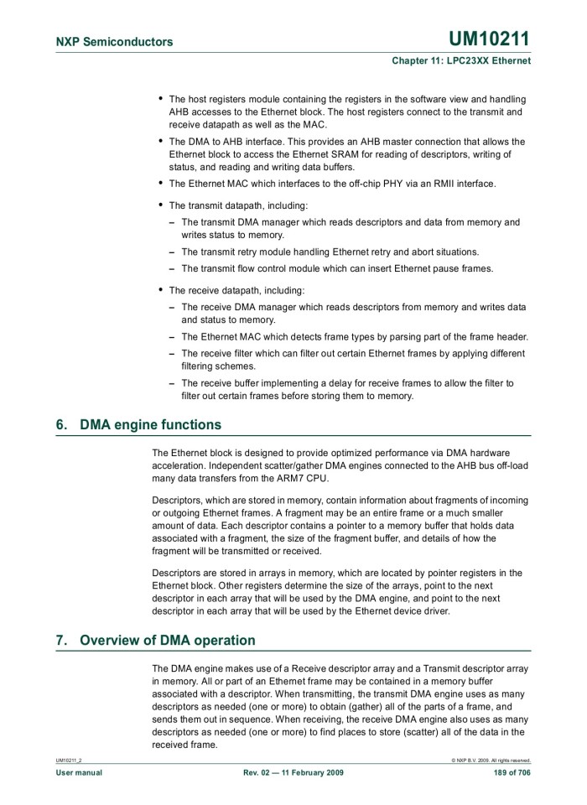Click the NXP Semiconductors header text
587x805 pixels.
114,42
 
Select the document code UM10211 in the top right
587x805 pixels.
489,39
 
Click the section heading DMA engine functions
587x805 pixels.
150,425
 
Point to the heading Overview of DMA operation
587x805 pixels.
167,641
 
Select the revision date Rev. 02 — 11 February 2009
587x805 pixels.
293,771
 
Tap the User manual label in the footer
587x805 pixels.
79,771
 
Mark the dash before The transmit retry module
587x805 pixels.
172,252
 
